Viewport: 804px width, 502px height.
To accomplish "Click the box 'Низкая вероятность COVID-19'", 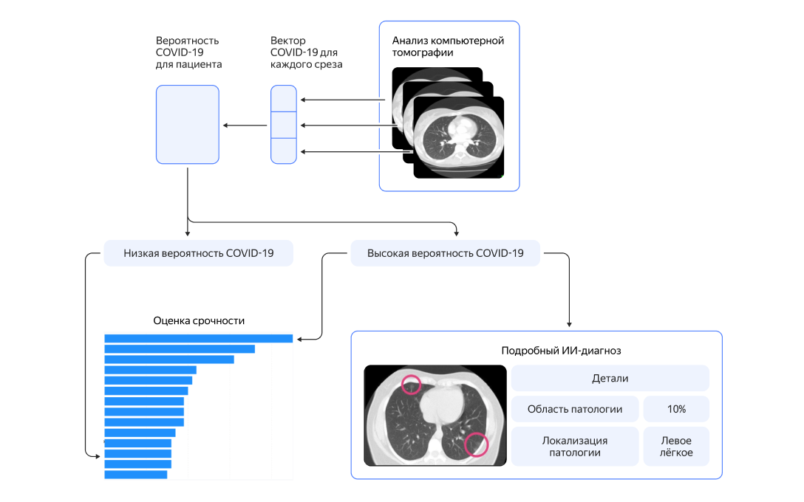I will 198,253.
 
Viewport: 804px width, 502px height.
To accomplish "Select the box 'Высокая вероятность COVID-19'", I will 445,253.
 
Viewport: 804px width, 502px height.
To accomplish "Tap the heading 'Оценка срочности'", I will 199,320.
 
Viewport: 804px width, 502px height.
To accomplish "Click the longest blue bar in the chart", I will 198,339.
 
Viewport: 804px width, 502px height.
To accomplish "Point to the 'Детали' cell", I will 610,378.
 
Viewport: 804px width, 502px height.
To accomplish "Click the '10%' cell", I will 676,409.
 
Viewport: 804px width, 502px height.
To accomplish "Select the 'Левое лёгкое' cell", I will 676,446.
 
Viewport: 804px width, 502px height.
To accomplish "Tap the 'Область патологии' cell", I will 574,409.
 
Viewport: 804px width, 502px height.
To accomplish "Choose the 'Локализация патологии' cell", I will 574,446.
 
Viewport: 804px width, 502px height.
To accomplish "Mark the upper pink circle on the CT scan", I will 411,384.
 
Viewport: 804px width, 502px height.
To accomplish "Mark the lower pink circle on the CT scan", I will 477,444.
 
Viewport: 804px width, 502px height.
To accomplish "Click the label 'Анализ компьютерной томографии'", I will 448,47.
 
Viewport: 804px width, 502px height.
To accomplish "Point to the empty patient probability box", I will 188,124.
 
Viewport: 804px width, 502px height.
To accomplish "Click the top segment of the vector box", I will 283,98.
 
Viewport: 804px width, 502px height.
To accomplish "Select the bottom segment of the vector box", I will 283,151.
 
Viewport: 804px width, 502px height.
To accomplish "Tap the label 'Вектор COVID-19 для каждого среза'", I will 306,52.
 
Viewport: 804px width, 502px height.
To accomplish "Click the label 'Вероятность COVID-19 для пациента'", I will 188,52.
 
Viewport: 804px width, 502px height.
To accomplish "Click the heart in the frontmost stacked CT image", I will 462,130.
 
